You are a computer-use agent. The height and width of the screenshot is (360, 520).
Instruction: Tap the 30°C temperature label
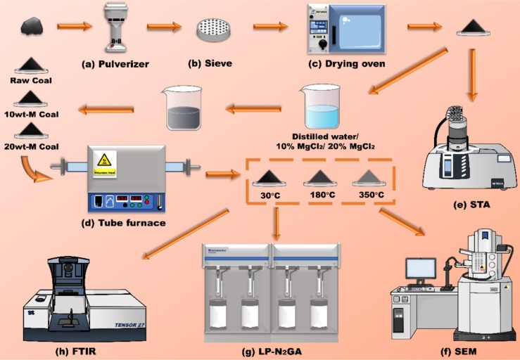coord(271,194)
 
